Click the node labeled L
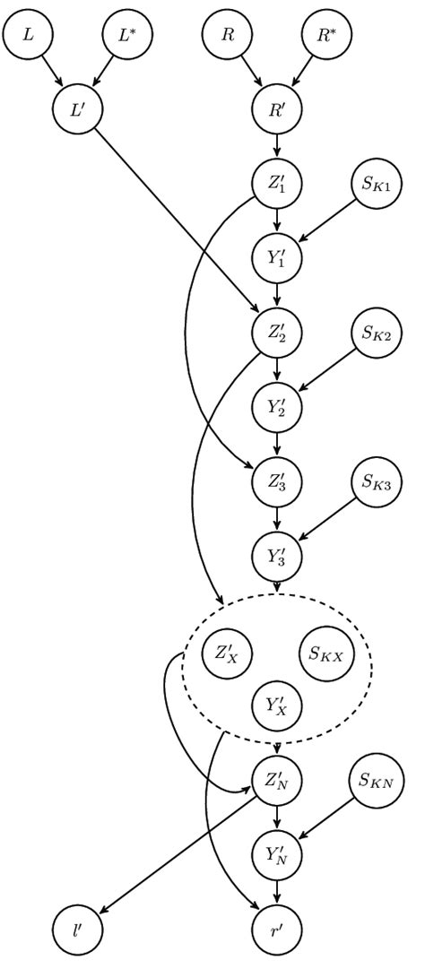click(27, 37)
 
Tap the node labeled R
click(228, 37)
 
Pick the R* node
click(326, 37)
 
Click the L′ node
click(77, 111)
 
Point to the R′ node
click(277, 111)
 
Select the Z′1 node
click(277, 186)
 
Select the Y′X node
click(277, 705)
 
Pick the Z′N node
click(277, 779)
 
